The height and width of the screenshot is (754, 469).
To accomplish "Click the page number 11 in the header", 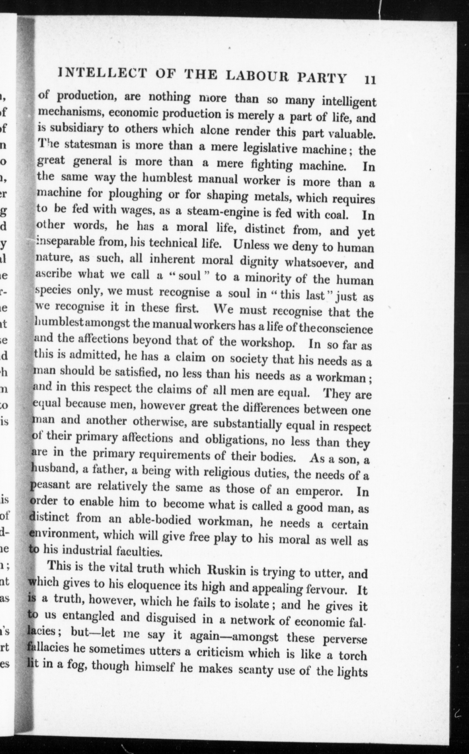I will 370,80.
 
